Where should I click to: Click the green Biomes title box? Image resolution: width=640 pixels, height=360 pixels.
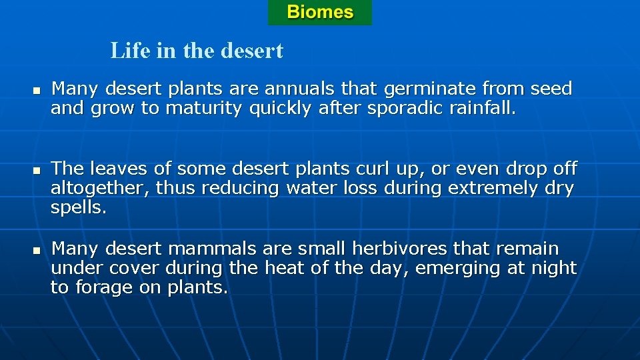point(320,13)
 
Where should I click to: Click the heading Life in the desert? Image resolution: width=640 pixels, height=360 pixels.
point(197,51)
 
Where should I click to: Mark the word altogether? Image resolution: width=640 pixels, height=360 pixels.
point(100,189)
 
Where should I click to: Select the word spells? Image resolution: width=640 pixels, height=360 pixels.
point(78,208)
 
